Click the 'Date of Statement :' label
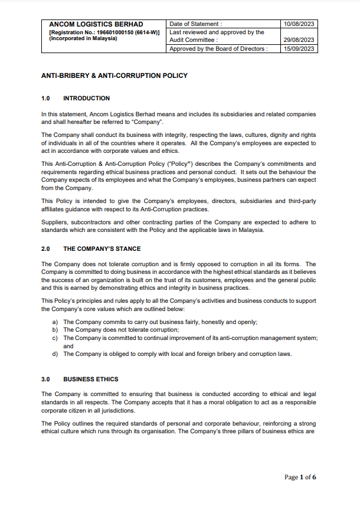pos(195,24)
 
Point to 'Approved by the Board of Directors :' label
pos(218,49)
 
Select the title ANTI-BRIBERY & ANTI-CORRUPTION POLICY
pos(114,76)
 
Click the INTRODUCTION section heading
pos(86,98)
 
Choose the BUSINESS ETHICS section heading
pos(90,379)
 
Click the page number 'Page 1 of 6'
pos(300,477)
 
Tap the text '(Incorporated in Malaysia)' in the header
pos(83,38)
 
